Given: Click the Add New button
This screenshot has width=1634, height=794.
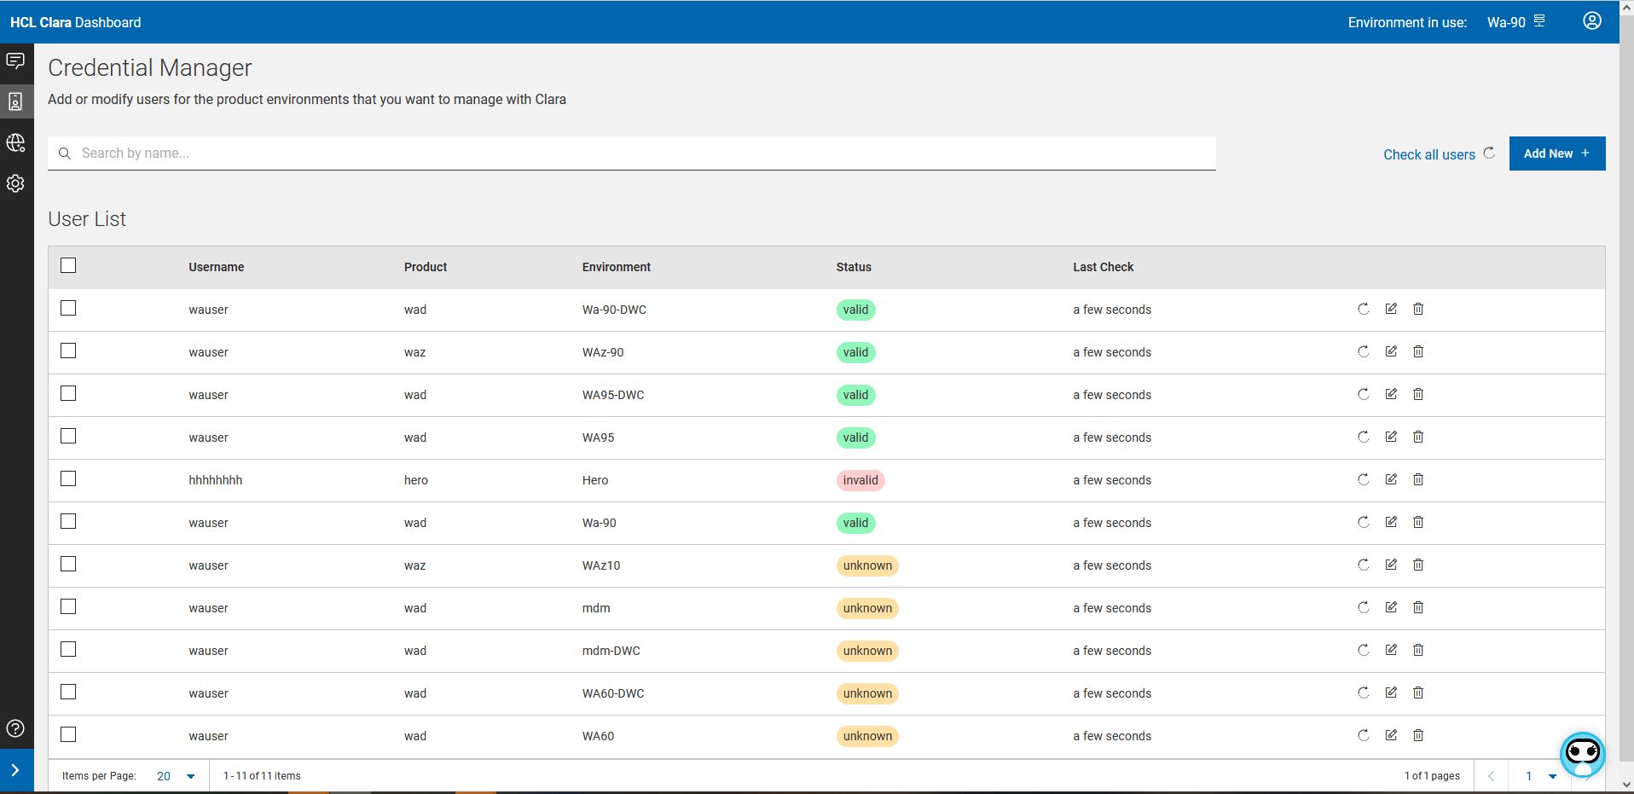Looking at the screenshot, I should coord(1556,154).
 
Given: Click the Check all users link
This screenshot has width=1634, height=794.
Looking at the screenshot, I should coord(1429,154).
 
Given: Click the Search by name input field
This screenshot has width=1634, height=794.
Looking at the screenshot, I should coord(631,154).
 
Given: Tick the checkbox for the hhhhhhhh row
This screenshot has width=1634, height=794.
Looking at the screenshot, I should coord(68,478).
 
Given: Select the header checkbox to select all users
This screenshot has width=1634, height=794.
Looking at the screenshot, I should coord(68,265).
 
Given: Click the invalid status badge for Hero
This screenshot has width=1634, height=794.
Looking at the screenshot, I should coord(860,480).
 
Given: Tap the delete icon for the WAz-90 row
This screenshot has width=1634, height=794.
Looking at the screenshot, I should coord(1418,351).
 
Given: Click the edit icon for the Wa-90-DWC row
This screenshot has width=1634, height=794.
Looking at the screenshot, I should coord(1391,309).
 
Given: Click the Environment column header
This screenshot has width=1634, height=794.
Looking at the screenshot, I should coord(616,267).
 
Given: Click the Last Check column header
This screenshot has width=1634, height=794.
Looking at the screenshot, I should coord(1103,267).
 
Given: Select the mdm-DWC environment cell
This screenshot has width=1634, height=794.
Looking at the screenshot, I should coord(611,651).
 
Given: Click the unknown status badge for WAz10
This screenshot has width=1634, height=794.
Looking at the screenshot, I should coord(867,565).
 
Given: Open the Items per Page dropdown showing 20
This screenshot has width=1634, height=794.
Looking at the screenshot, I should coord(176,776).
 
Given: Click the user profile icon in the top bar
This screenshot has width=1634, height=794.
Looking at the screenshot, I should coord(1591,21).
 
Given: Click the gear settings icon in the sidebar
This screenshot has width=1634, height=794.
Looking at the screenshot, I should coord(15,183).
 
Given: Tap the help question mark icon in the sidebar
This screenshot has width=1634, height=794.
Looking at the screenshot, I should coord(15,728).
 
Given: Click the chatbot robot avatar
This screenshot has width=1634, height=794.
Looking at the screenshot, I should coord(1582,754).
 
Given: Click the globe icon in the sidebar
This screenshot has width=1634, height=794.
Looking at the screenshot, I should coord(15,142).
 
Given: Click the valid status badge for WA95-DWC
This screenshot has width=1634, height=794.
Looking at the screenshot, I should coord(855,395).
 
